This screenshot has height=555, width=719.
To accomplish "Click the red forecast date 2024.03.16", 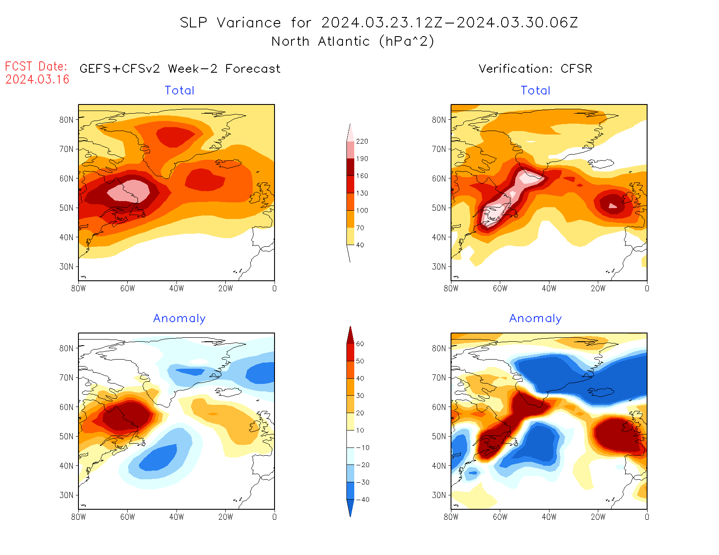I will click(x=37, y=79).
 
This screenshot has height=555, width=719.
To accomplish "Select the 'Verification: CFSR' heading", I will click(x=535, y=69).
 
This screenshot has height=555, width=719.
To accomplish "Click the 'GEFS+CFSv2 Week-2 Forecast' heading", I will click(x=180, y=69).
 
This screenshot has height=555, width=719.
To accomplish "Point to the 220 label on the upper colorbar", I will click(x=362, y=141).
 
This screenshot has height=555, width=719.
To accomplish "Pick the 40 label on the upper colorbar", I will click(x=360, y=245).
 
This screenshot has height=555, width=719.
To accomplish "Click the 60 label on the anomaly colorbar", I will click(x=360, y=344).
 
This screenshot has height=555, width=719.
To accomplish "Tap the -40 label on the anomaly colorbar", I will click(x=363, y=500).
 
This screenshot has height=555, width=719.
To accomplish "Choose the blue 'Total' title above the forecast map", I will click(x=180, y=91).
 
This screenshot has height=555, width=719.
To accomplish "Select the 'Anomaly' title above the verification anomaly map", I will click(x=536, y=319).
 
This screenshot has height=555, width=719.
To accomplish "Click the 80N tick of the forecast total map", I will click(x=66, y=120).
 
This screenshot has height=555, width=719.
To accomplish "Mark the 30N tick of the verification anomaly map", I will click(x=439, y=495).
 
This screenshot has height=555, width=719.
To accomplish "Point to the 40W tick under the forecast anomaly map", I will click(x=176, y=517).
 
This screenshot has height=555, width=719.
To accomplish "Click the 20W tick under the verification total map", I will click(x=598, y=288).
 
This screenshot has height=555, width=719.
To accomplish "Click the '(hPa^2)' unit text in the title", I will click(x=407, y=42).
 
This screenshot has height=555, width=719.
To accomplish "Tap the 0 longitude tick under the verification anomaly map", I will click(x=647, y=517).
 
